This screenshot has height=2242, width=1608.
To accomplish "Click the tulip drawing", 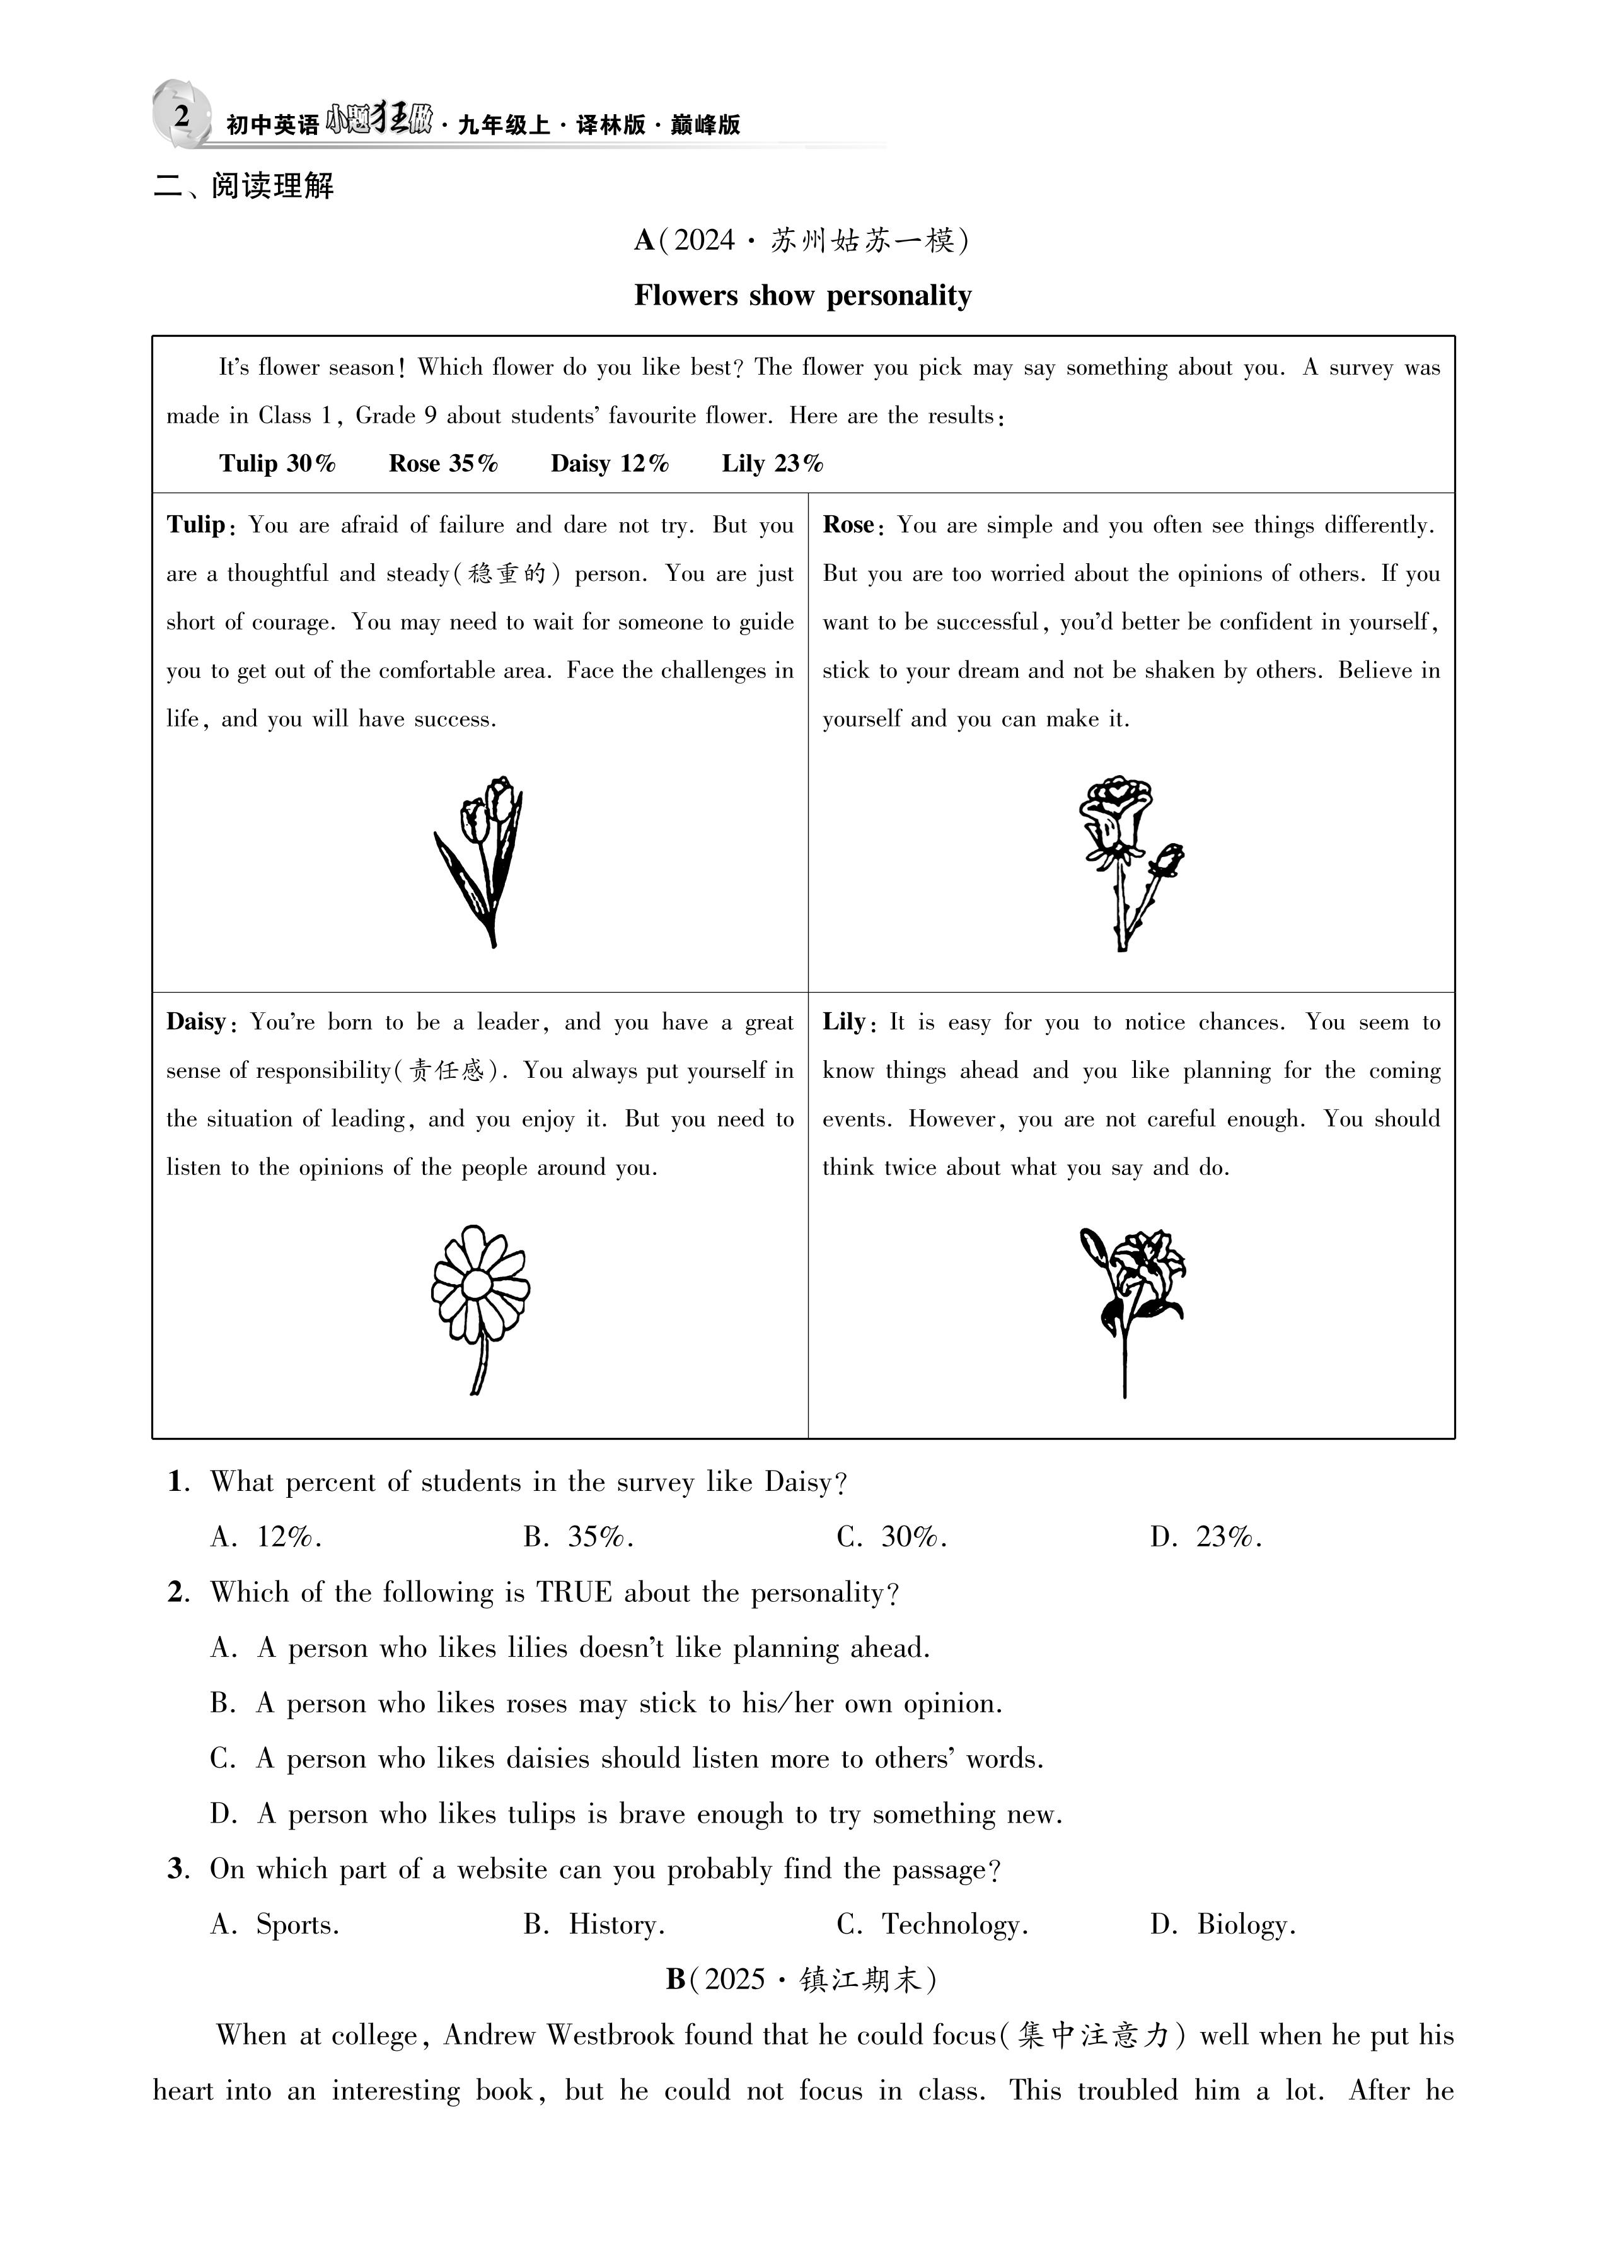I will coord(479,860).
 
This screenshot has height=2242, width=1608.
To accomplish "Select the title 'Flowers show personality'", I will coord(802,296).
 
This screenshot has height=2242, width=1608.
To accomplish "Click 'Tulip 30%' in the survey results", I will coord(278,464).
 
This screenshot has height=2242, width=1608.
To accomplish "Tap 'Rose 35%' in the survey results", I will coord(442,464).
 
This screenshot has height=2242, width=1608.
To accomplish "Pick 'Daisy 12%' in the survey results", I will coord(609,464).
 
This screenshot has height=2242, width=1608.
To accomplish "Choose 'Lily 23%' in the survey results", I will coord(772,464).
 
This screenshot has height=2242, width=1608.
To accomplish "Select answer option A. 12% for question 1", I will coord(267,1536).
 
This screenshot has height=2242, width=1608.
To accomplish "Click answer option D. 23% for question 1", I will coord(1206,1536).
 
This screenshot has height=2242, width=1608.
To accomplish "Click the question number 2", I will coord(178,1592).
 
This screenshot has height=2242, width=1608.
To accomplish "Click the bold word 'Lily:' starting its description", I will coord(848,1022).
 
